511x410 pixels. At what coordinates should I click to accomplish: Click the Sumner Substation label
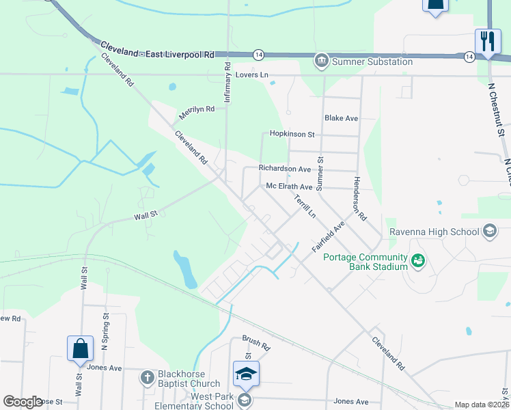(x=372, y=61)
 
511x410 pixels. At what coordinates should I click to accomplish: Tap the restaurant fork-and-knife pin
(x=487, y=40)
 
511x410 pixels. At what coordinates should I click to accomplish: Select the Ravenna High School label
(x=434, y=232)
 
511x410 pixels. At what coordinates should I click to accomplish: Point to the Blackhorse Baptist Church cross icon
(x=147, y=377)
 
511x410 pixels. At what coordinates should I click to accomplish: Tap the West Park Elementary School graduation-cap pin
(x=246, y=372)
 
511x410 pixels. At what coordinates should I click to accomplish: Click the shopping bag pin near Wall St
(x=81, y=348)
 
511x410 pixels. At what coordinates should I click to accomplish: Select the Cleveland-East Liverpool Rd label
(x=158, y=50)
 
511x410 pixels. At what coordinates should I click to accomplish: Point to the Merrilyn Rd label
(x=197, y=109)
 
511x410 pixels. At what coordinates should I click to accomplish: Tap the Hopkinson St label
(x=292, y=135)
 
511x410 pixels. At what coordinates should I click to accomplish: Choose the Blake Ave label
(x=342, y=118)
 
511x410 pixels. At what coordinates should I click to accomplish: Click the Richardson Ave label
(x=285, y=168)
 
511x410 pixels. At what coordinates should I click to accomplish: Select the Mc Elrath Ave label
(x=289, y=187)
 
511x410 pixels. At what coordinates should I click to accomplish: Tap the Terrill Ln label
(x=305, y=206)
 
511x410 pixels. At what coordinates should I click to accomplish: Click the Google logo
(x=23, y=402)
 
